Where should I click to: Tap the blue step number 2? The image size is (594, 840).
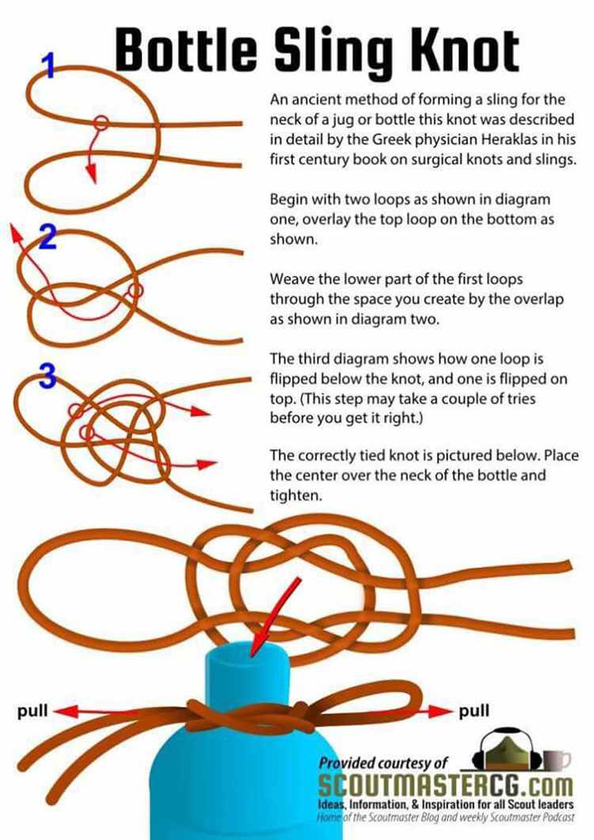tap(48, 237)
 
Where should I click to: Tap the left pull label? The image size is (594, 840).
tap(32, 712)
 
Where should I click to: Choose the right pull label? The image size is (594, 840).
tap(474, 712)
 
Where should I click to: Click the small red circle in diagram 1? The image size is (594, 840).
tap(101, 124)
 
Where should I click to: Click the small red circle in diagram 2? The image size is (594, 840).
tap(136, 290)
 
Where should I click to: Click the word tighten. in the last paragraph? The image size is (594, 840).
tap(296, 495)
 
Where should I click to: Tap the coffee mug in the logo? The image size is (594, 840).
tap(557, 758)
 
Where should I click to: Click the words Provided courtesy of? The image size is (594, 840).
tap(383, 763)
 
